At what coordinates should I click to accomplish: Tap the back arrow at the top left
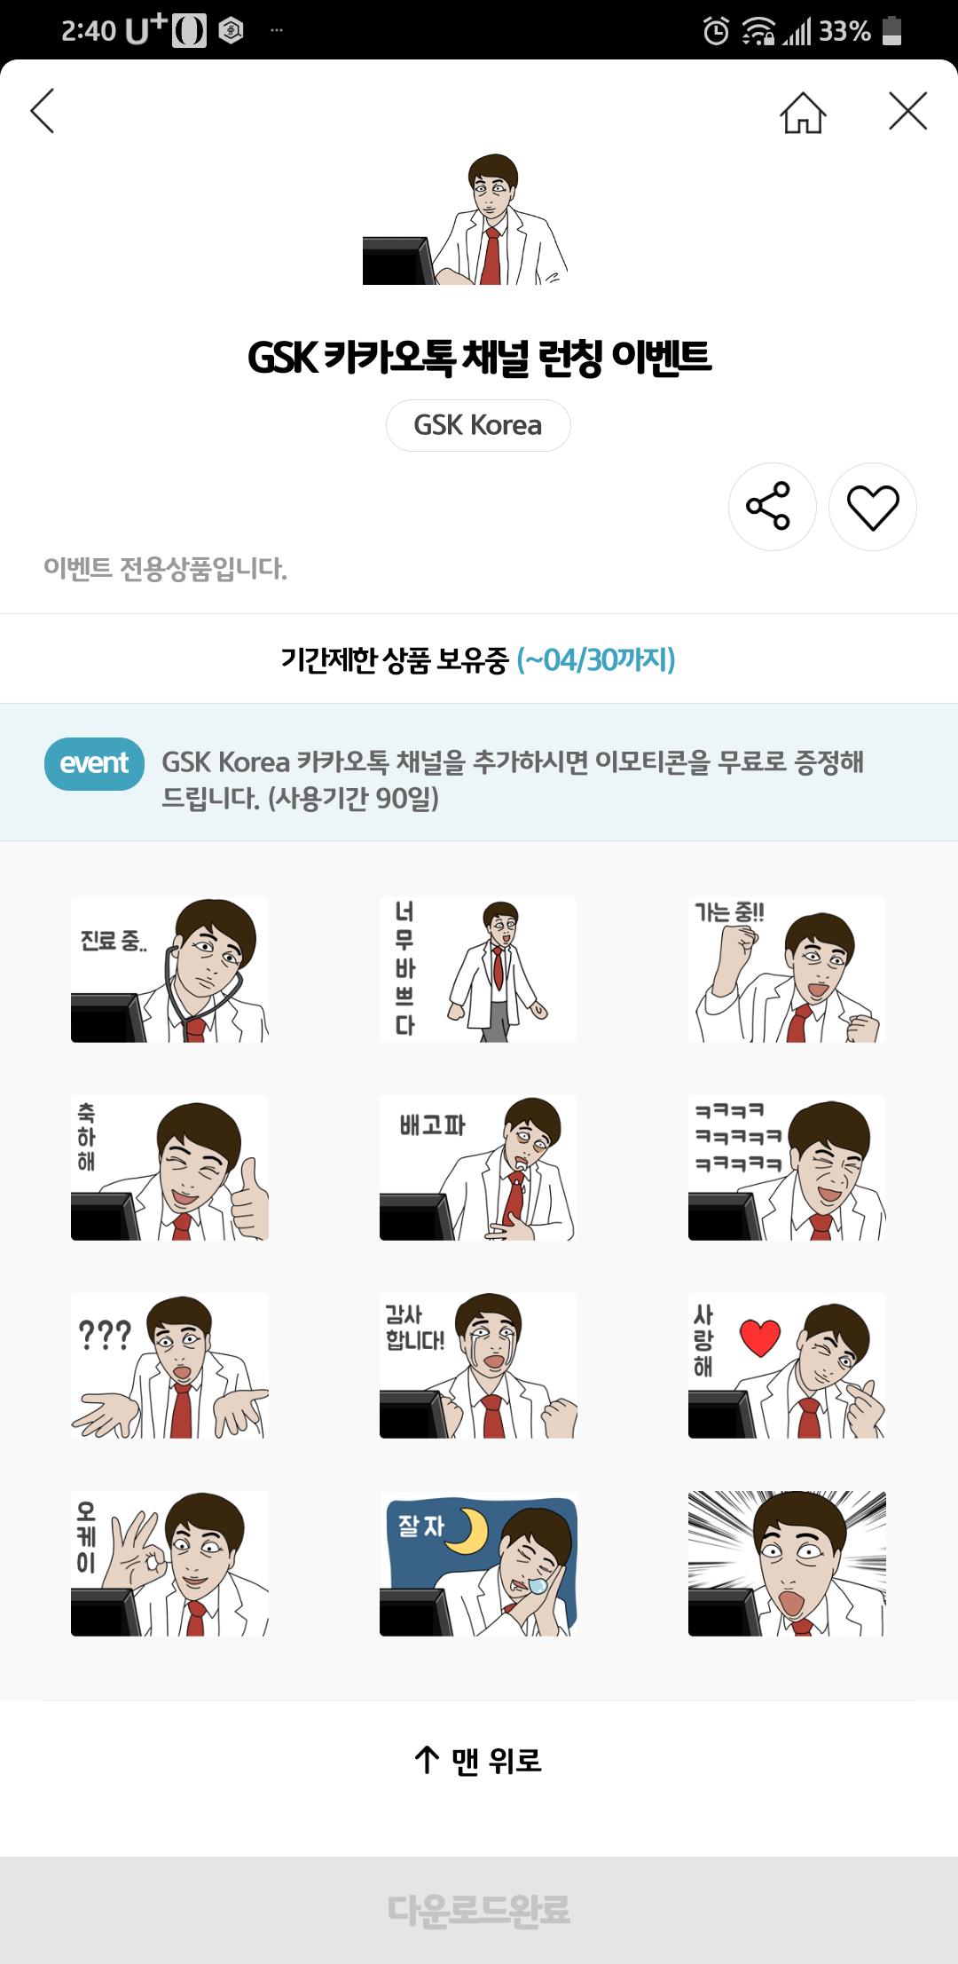[42, 111]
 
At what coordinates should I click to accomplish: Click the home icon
[803, 112]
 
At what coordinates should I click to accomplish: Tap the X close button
[907, 111]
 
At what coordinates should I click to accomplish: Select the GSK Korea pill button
[478, 425]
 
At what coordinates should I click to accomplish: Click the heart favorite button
[873, 507]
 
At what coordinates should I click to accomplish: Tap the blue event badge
[94, 763]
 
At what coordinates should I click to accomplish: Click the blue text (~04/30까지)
[596, 659]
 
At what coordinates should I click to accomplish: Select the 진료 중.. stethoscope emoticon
[169, 969]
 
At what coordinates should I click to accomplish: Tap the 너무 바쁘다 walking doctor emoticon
[478, 969]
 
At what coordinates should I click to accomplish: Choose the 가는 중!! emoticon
[787, 969]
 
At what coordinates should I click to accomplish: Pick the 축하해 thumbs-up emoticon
[169, 1167]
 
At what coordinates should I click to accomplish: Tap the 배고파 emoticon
[478, 1167]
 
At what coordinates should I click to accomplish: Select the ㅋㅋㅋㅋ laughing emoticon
[787, 1167]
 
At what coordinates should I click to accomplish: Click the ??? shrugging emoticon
[169, 1365]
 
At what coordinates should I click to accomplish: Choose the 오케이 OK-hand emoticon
[169, 1563]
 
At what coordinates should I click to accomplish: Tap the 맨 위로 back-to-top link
[478, 1760]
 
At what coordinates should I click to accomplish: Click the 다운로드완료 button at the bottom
[479, 1910]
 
